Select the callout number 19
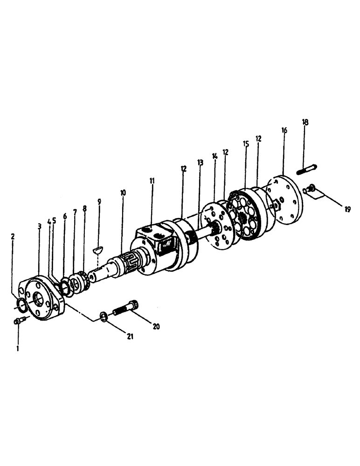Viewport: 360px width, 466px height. [x=347, y=209]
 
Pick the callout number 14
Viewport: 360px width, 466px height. [x=215, y=157]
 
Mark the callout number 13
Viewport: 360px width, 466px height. [x=200, y=163]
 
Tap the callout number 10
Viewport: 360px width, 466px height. [x=123, y=192]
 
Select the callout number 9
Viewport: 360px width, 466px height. [x=99, y=202]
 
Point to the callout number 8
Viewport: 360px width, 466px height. [x=84, y=209]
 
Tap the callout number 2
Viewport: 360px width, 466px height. [x=13, y=236]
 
